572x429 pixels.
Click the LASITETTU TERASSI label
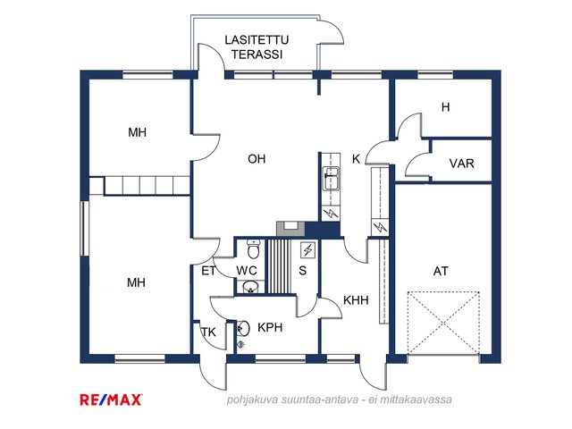click(257, 47)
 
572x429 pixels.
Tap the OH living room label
click(257, 160)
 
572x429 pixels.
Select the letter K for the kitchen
click(356, 159)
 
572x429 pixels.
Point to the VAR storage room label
click(461, 164)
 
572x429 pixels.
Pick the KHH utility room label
click(356, 300)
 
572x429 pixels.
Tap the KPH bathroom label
click(270, 327)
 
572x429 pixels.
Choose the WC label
click(248, 270)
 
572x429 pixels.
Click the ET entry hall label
click(207, 270)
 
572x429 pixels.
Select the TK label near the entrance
click(208, 332)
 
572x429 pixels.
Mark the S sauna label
click(303, 270)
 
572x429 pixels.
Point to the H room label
click(444, 108)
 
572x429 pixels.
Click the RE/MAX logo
click(112, 400)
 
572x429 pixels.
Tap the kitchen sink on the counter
click(331, 174)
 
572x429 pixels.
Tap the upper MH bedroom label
click(137, 133)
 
